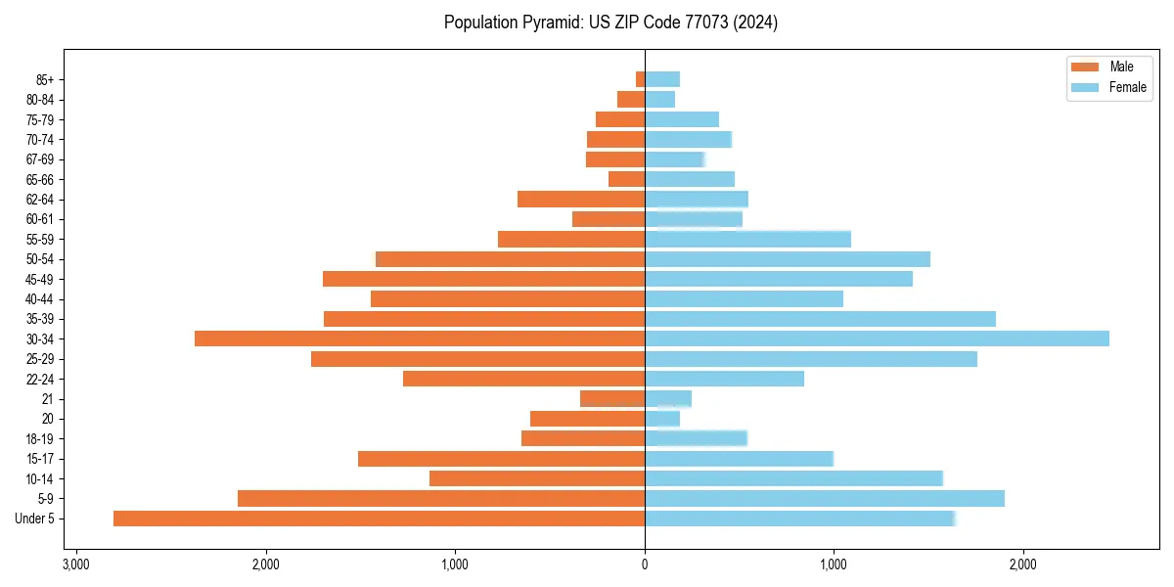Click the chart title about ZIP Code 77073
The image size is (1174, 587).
coord(610,23)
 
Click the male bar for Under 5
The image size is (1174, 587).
coord(379,519)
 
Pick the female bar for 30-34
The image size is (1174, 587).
coord(877,339)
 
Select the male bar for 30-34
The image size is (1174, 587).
coord(420,339)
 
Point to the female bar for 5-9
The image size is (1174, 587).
coord(825,498)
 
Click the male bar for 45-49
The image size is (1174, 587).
coord(483,279)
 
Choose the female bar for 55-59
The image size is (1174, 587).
coord(747,239)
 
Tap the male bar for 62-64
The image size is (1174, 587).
coord(581,199)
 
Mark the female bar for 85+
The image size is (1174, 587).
coord(662,79)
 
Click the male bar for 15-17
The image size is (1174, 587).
coord(501,459)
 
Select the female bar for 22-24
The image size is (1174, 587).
coord(724,379)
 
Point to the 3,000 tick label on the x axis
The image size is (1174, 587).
coord(76,564)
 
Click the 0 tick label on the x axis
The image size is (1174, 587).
coord(645,564)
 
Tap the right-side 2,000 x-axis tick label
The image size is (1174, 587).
coord(1022,564)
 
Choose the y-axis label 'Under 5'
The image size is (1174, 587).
coord(34,519)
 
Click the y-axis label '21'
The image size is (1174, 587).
coord(47,399)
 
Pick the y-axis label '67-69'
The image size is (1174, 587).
coord(40,159)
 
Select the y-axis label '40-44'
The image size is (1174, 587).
coord(40,298)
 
